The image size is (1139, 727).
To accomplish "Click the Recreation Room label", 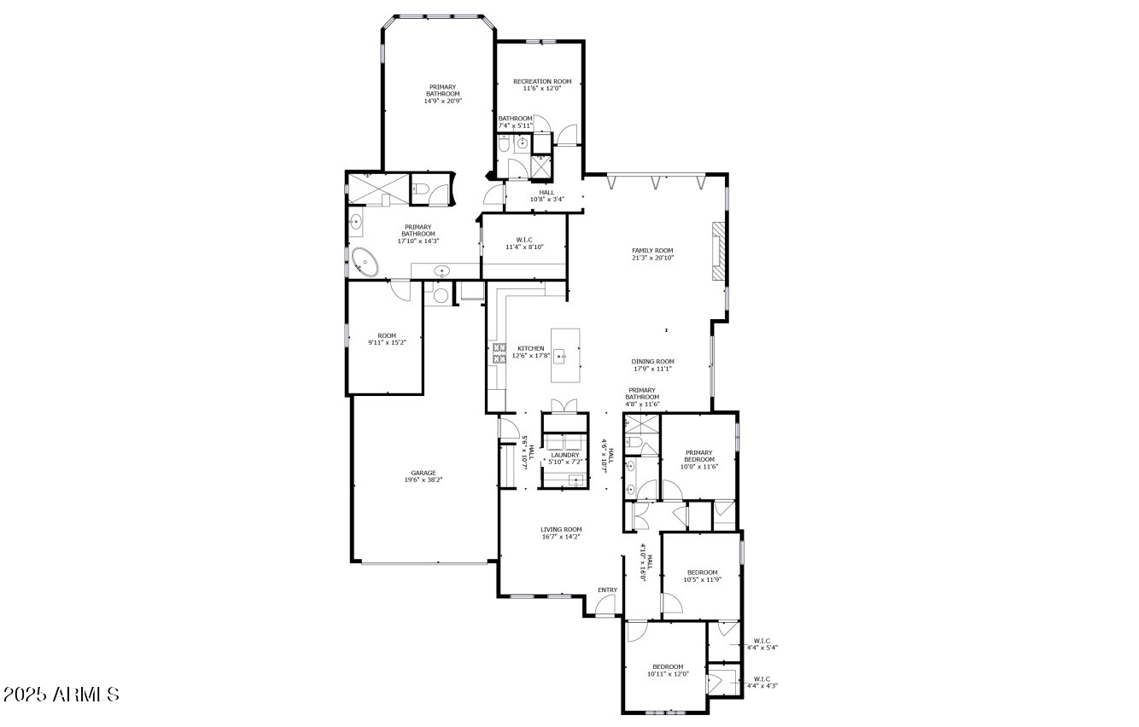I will (541, 82).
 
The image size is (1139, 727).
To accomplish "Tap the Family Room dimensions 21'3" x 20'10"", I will (652, 258).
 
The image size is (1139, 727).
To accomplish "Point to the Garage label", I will (423, 473).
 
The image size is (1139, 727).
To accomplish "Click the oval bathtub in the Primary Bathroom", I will (366, 261).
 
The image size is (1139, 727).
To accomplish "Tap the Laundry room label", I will (564, 455).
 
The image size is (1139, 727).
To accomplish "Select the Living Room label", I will (561, 529).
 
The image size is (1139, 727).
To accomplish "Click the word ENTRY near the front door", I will (607, 590).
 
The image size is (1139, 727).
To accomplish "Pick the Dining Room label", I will (652, 361).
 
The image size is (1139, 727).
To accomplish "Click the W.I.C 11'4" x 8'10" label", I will (524, 243).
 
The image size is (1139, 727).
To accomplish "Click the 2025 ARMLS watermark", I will (61, 694).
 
